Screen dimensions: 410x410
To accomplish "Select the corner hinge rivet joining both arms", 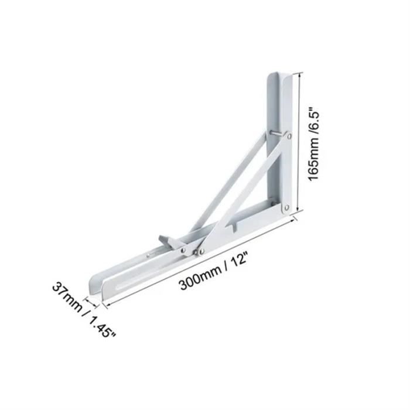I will coord(286,207).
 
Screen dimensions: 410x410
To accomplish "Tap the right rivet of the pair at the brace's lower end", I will coord(199,252).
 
